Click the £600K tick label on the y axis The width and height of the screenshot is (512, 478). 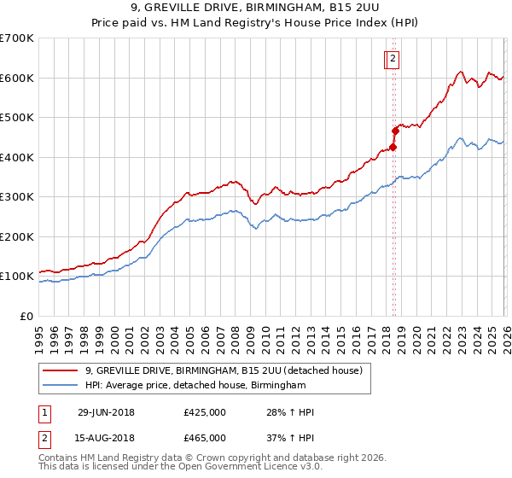(x=17, y=78)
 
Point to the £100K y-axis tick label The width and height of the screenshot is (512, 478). (x=17, y=277)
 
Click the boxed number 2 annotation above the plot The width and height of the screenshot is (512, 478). (x=393, y=59)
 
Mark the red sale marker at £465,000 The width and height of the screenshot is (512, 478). (x=395, y=131)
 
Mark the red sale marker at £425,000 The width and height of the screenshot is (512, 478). (x=393, y=147)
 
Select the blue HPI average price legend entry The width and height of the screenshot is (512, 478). (x=195, y=386)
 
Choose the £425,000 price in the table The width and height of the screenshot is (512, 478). (x=205, y=412)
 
